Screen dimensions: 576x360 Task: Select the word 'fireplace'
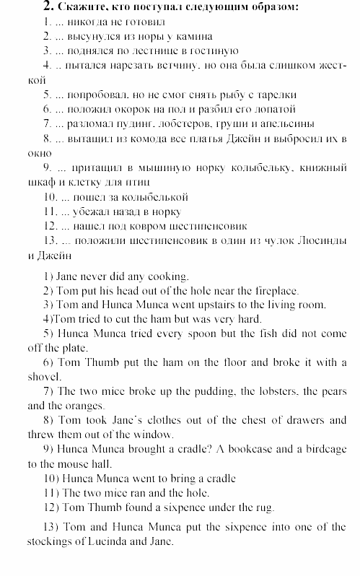[x=273, y=290]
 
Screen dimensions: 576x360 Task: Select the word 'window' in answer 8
[x=155, y=435]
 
